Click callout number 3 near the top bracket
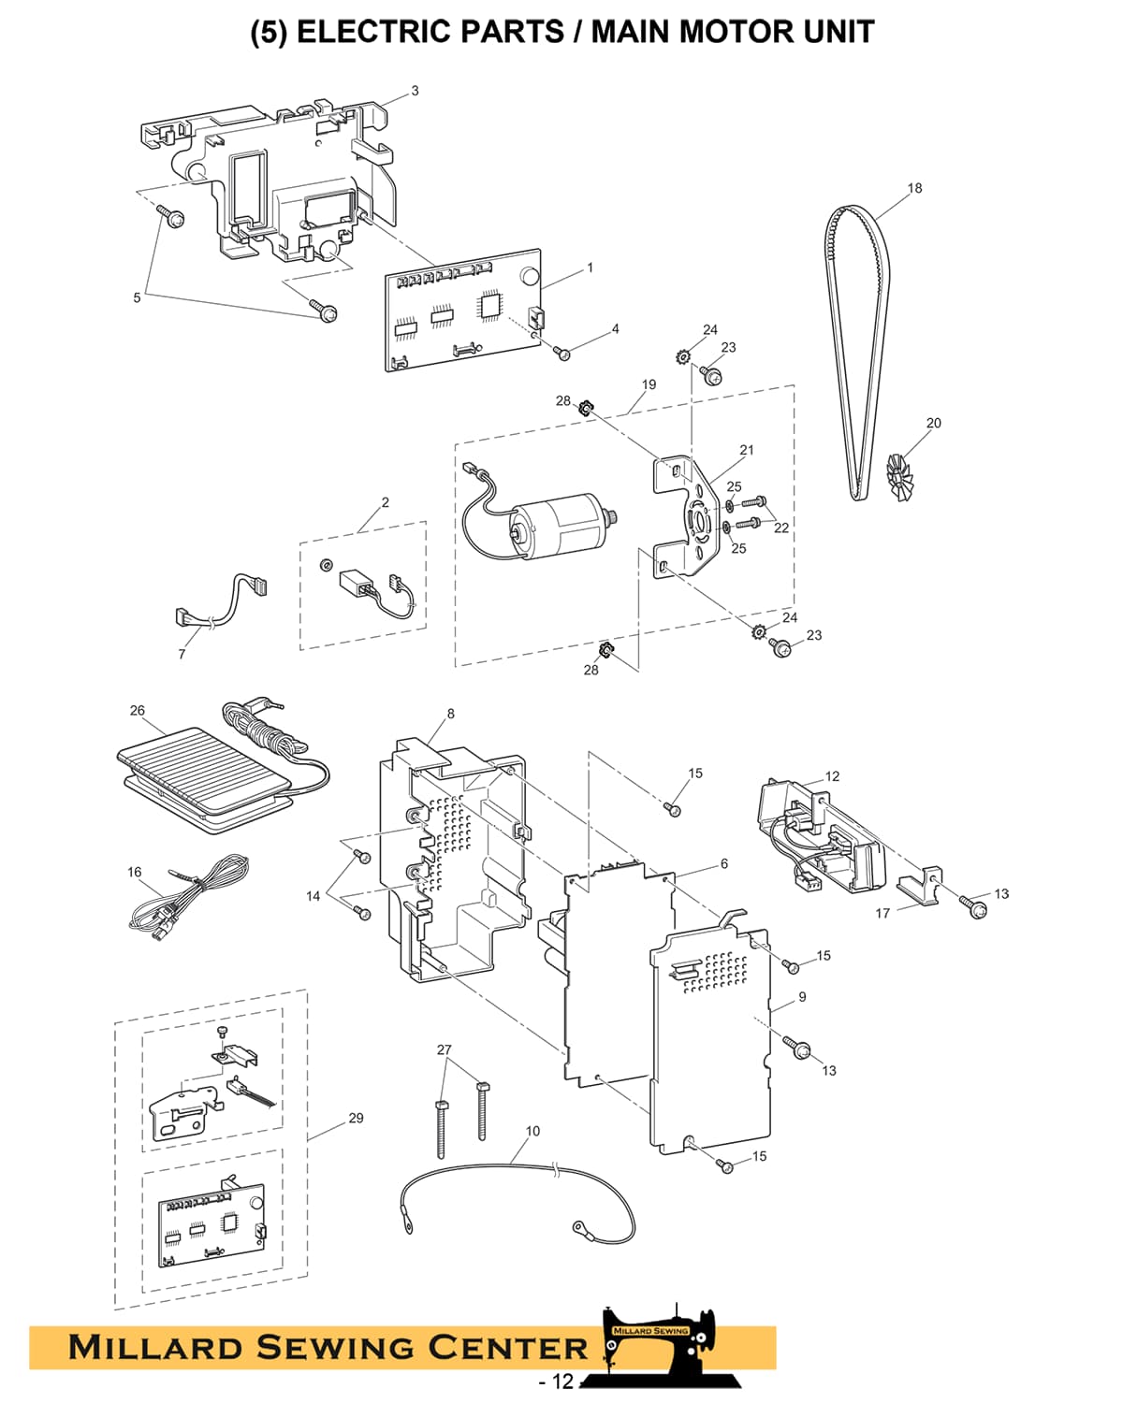pyautogui.click(x=415, y=91)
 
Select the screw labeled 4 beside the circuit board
pyautogui.click(x=561, y=353)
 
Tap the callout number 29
pyautogui.click(x=356, y=1118)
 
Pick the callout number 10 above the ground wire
pyautogui.click(x=532, y=1131)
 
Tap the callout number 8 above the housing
pyautogui.click(x=450, y=714)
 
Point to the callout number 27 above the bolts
pyautogui.click(x=445, y=1049)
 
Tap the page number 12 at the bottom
pyautogui.click(x=561, y=1381)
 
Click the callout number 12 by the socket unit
pyautogui.click(x=832, y=776)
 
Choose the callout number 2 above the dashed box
pyautogui.click(x=386, y=502)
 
